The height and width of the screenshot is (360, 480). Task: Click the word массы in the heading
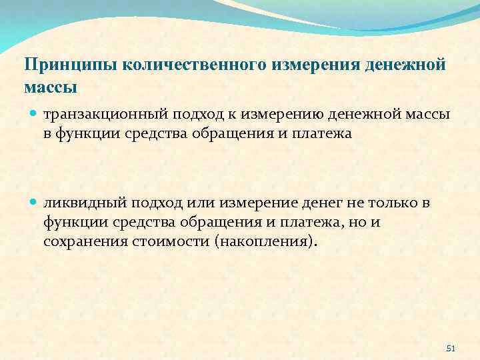tap(51, 87)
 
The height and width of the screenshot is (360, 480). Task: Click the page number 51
tap(450, 349)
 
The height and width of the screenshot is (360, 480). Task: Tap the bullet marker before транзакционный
tap(34, 115)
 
